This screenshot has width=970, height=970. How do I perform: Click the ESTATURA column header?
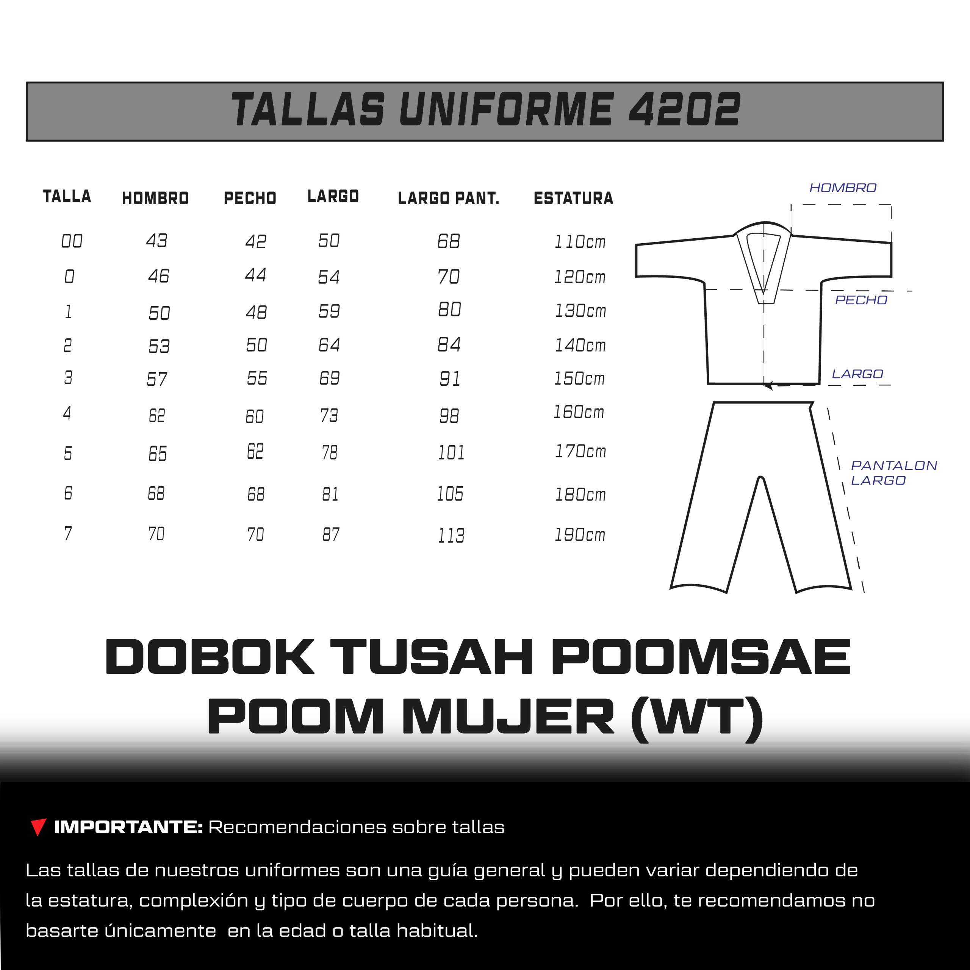pyautogui.click(x=573, y=198)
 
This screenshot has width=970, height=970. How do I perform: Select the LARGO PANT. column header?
pyautogui.click(x=448, y=198)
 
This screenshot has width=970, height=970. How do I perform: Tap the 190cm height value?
pyautogui.click(x=580, y=534)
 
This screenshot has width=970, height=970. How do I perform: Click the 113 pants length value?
pyautogui.click(x=451, y=536)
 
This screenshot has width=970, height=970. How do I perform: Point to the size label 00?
pyautogui.click(x=72, y=241)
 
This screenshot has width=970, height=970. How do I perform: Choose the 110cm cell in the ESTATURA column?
pyautogui.click(x=580, y=241)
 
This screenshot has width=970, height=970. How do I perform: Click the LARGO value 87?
pyautogui.click(x=331, y=534)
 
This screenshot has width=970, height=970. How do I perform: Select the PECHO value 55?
pyautogui.click(x=257, y=378)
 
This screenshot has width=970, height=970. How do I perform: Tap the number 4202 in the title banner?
pyautogui.click(x=684, y=109)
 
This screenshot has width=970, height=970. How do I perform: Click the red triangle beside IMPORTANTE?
pyautogui.click(x=38, y=826)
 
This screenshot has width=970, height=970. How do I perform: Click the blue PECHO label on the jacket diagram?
pyautogui.click(x=861, y=300)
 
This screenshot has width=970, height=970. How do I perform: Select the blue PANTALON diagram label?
pyautogui.click(x=894, y=465)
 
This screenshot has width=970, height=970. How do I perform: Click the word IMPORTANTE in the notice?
pyautogui.click(x=128, y=827)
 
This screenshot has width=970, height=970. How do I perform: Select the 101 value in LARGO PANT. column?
pyautogui.click(x=451, y=452)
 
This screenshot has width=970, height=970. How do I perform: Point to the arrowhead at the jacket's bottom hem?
pyautogui.click(x=768, y=386)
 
